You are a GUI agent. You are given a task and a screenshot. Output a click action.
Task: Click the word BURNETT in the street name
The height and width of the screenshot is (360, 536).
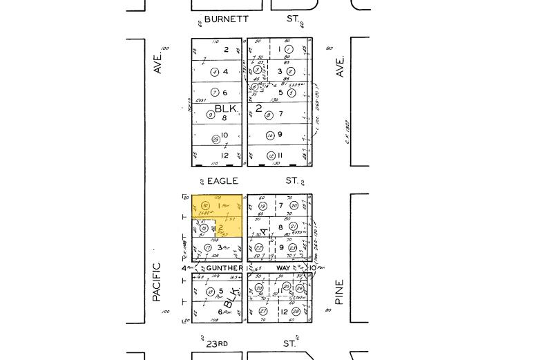click(x=226, y=19)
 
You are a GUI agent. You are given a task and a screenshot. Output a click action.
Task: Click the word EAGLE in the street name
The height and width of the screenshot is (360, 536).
click(x=222, y=181)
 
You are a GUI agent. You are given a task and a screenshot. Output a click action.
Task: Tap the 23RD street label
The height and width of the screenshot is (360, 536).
click(x=217, y=343)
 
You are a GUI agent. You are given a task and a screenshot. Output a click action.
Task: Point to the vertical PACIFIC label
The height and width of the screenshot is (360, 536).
click(x=157, y=281)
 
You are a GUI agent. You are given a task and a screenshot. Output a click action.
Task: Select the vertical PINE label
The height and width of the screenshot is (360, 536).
click(x=339, y=292)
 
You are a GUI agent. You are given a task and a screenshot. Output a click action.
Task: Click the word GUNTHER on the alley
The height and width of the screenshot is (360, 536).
click(x=224, y=268)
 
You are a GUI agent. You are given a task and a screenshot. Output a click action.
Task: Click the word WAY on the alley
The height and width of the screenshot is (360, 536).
click(x=284, y=268)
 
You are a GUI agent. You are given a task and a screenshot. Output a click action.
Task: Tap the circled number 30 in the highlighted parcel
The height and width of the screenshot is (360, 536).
click(x=205, y=206)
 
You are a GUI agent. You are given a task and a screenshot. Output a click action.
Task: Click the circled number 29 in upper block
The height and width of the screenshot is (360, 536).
click(x=216, y=140)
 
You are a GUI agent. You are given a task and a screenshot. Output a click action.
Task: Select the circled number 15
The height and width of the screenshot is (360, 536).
click(x=204, y=229)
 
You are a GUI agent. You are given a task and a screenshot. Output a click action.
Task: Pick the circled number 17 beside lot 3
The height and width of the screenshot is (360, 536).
click(x=207, y=247)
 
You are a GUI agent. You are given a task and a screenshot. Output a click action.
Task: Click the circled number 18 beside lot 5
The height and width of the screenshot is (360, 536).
click(x=210, y=292)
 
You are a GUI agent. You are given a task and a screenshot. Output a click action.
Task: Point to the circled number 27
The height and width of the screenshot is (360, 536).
click(x=263, y=312)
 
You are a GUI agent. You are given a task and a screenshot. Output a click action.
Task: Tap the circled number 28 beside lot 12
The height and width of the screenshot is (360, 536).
click(x=296, y=312)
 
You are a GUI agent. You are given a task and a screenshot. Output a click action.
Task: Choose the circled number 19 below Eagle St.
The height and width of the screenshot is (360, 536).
click(x=262, y=206)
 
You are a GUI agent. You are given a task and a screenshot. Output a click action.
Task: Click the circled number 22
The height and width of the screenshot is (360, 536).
click(x=259, y=247)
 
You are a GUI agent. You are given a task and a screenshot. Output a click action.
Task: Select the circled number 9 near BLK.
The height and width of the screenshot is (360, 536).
click(x=211, y=115)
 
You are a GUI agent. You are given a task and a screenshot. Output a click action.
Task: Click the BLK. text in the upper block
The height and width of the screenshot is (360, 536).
click(x=227, y=108)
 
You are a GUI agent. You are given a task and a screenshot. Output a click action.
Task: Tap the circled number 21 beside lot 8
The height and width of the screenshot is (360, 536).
click(x=293, y=227)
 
